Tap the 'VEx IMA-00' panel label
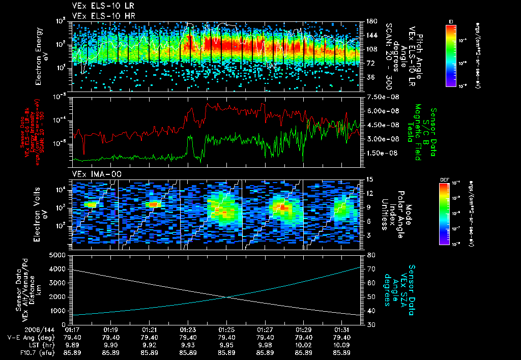click(90, 174)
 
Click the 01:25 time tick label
click(226, 330)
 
